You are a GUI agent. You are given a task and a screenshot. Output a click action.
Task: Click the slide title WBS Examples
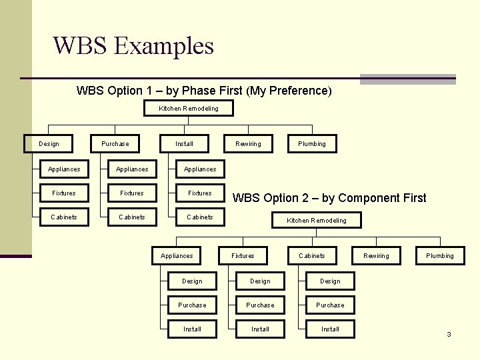pos(133,46)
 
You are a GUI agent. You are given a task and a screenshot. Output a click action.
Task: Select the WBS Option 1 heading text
pos(203,90)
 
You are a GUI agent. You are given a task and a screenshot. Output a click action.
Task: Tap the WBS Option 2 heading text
pos(329,197)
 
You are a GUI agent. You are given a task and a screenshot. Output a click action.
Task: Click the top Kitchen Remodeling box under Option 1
pos(188,108)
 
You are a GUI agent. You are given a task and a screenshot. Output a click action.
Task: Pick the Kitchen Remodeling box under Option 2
pos(316,220)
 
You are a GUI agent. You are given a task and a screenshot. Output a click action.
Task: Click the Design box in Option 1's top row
pos(49,143)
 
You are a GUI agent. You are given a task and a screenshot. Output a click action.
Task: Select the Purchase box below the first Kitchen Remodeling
pos(115,143)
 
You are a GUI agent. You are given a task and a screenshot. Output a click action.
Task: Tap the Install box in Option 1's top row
pos(184,143)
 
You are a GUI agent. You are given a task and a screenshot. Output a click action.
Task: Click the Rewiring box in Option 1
pos(248,143)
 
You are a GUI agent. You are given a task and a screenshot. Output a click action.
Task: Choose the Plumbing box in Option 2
pos(440,255)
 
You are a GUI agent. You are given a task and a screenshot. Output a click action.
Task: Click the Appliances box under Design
pos(64,169)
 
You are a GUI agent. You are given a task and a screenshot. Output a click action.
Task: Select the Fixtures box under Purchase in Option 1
pos(132,193)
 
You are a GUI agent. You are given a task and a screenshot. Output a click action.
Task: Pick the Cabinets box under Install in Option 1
pos(200,217)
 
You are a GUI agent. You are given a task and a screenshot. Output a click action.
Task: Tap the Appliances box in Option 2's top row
pos(177,255)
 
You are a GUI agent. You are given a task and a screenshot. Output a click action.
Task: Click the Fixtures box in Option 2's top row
pos(243,255)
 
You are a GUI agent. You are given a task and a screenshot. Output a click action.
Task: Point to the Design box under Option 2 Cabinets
pos(330,281)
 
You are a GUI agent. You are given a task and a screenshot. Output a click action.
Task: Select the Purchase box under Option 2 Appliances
pos(192,305)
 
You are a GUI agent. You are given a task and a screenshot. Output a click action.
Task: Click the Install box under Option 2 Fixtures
pos(260,329)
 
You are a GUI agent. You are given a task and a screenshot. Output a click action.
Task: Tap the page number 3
pos(449,334)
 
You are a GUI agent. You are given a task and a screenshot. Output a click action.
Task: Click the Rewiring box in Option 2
pos(376,255)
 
